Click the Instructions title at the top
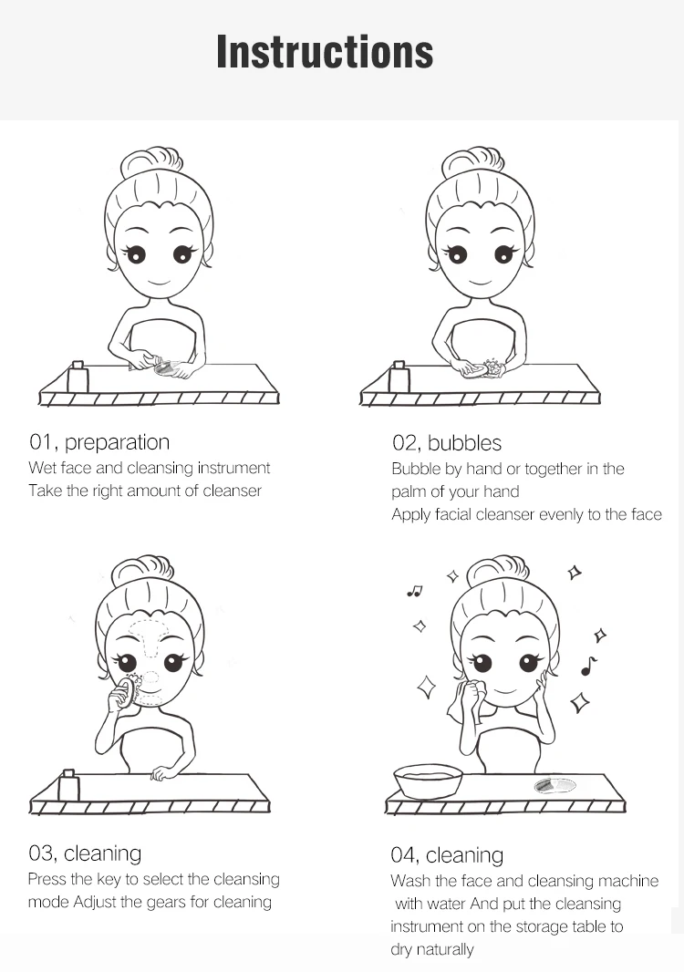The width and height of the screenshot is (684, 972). tap(325, 51)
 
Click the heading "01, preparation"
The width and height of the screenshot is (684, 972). tap(99, 442)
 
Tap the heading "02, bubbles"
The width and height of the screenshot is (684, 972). tap(447, 443)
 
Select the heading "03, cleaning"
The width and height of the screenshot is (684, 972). tap(85, 853)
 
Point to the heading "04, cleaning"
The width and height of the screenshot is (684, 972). tap(447, 855)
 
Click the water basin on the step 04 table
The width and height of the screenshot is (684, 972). tap(429, 781)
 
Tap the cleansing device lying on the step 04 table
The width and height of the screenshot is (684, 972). tap(555, 786)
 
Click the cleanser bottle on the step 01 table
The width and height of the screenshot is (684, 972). tap(78, 377)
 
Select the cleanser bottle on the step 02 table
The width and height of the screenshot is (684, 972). tap(399, 377)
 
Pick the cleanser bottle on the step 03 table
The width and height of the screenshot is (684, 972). tap(68, 785)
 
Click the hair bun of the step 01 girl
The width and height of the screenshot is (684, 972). tap(152, 160)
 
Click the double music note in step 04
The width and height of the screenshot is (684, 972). tap(414, 592)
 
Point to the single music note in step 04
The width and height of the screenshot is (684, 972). tap(588, 667)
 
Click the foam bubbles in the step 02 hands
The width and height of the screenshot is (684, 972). tap(492, 367)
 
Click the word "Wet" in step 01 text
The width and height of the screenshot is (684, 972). tap(42, 468)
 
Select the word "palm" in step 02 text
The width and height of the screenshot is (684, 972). tap(408, 492)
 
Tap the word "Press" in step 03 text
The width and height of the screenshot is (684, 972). tap(47, 880)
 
